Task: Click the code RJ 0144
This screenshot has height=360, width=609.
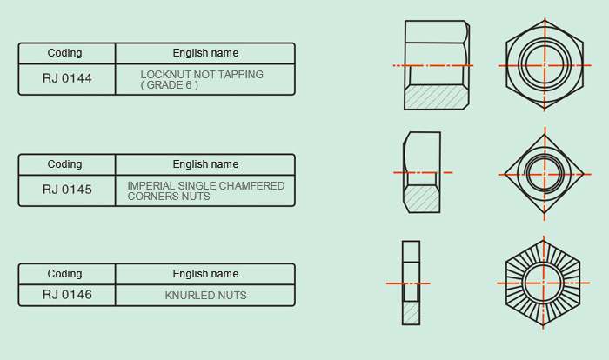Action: coord(67,78)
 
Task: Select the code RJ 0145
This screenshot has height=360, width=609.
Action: coord(67,190)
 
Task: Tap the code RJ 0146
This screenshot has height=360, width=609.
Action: coord(67,295)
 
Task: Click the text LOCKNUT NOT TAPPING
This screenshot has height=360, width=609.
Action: coord(202,74)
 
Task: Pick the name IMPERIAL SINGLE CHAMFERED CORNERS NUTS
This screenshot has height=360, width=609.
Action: coord(206,191)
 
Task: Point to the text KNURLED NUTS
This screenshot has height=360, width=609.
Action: coord(205,296)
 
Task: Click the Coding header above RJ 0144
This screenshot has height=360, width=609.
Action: coord(64,53)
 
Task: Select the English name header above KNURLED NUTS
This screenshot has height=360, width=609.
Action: coord(205,274)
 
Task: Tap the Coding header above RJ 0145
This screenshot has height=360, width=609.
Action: coord(64,164)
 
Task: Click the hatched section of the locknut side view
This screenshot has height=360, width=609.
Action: coord(436,97)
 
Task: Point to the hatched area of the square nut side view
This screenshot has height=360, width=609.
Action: coord(421,199)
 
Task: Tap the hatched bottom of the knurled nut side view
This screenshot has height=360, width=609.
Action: coord(411,313)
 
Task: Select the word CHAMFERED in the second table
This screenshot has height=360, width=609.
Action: coord(254,186)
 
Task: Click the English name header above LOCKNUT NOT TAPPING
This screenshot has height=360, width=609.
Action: coord(205,53)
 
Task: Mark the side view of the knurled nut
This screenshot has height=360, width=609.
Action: coord(411,283)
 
